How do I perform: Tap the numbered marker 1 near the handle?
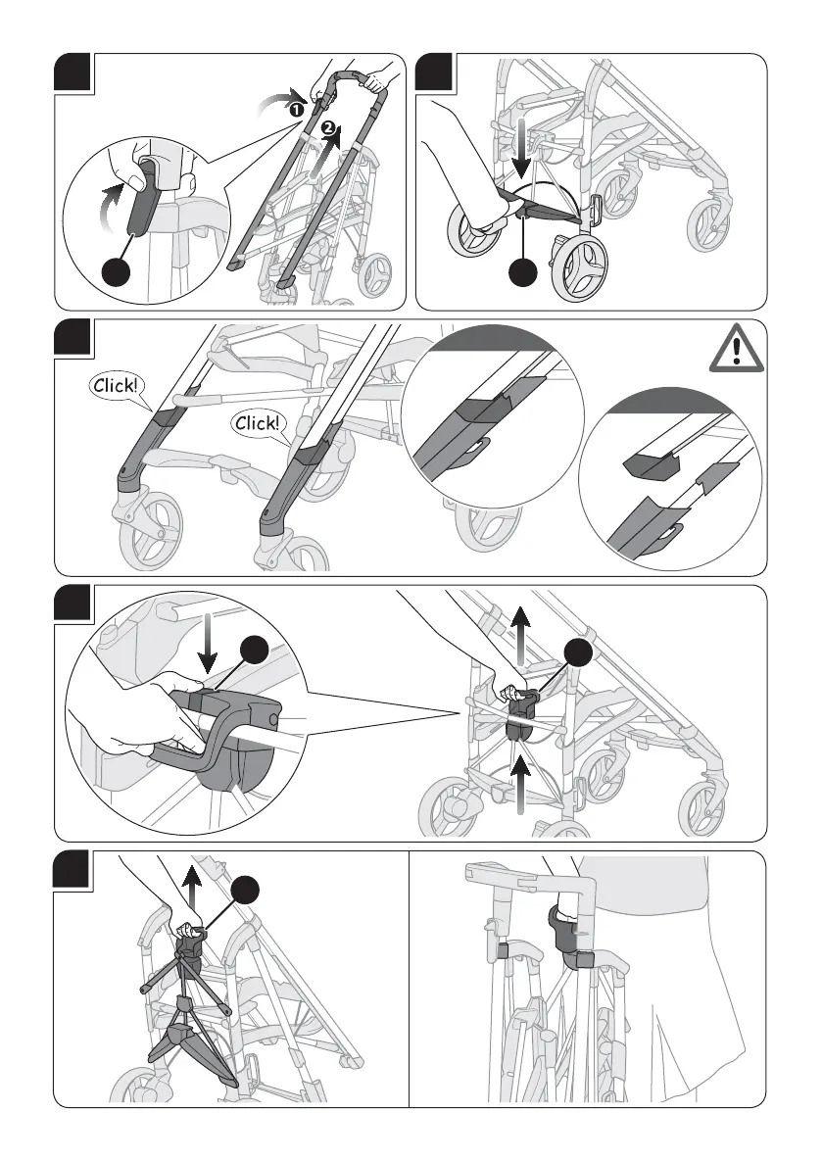tap(293, 111)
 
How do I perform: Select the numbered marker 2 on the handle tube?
tap(330, 128)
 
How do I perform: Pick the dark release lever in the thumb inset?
tap(144, 201)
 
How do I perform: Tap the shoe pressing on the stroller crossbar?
tap(480, 196)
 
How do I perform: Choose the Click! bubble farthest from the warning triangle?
tap(118, 385)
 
